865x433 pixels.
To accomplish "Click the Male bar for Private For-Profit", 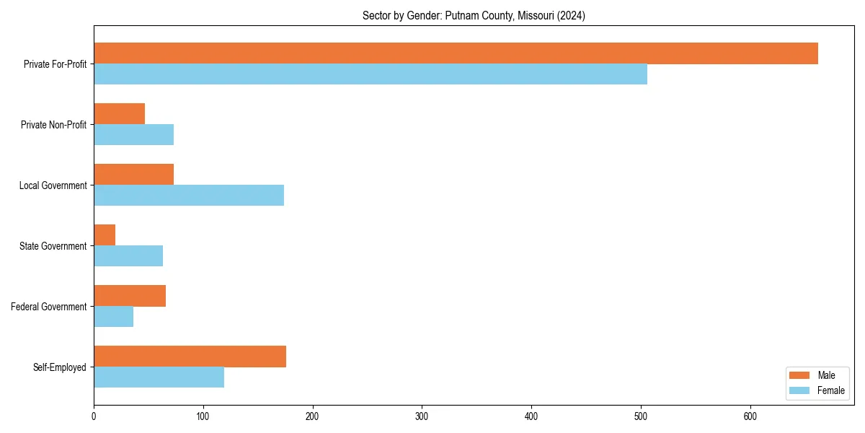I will point(456,53).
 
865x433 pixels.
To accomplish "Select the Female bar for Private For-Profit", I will point(371,74).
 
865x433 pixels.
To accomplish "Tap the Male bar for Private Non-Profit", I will point(119,114).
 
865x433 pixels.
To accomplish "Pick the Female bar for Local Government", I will point(189,196).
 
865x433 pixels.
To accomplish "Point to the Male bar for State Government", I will point(105,235).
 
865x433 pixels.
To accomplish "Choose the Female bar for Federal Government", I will point(113,317).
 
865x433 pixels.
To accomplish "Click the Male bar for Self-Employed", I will point(190,357).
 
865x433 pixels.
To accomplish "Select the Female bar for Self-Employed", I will point(159,377).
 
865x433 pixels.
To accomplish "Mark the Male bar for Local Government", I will point(133,175).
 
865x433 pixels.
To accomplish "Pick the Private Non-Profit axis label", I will point(53,125).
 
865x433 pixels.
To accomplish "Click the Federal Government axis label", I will point(49,307).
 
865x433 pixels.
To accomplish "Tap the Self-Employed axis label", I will point(60,367).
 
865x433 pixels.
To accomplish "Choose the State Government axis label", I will point(53,246).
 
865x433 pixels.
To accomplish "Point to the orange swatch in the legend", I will point(799,375).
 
